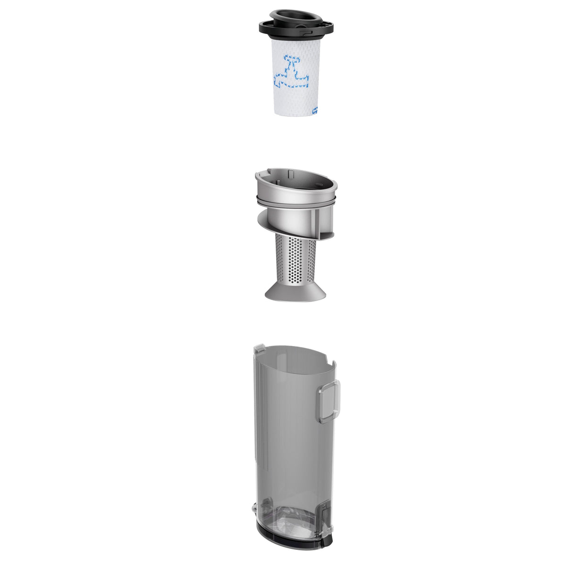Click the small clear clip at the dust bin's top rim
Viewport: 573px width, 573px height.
pos(258,350)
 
